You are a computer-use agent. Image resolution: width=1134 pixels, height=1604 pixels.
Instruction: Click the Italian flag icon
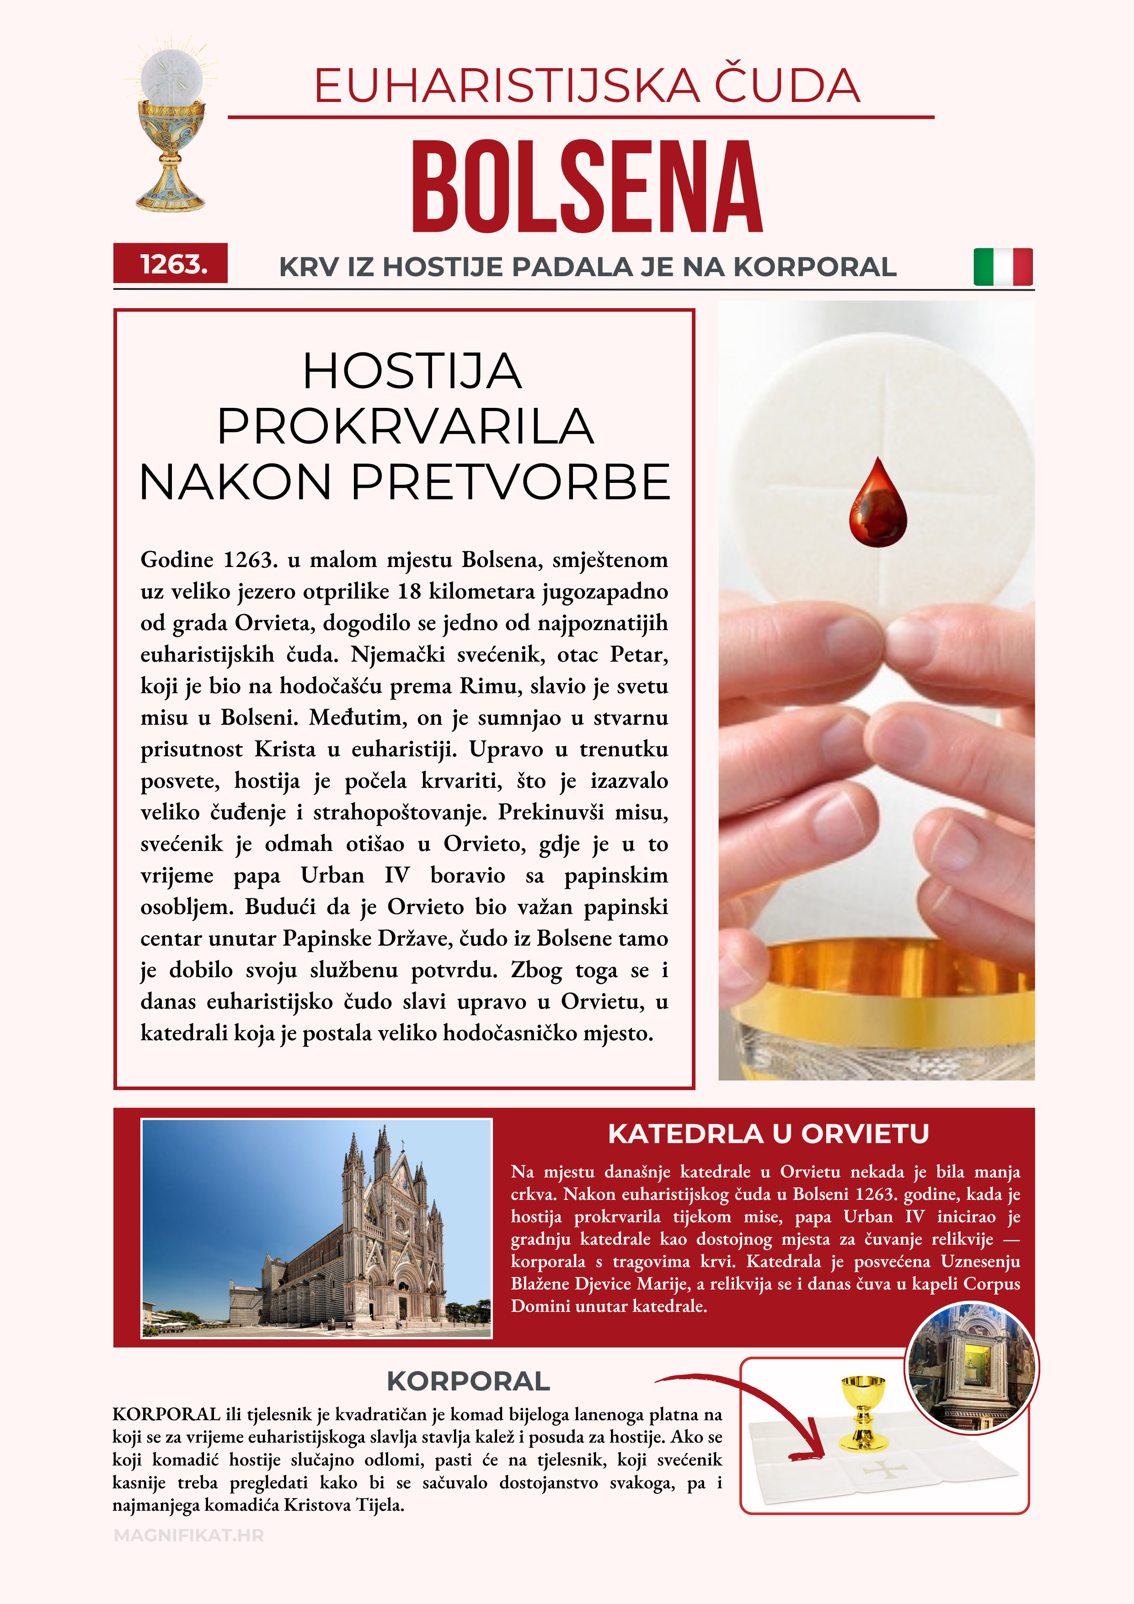point(1003,267)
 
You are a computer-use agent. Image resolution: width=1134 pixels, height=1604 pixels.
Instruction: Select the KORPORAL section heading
point(468,1381)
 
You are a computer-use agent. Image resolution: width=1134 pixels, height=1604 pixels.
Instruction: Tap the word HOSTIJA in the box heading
point(412,371)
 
